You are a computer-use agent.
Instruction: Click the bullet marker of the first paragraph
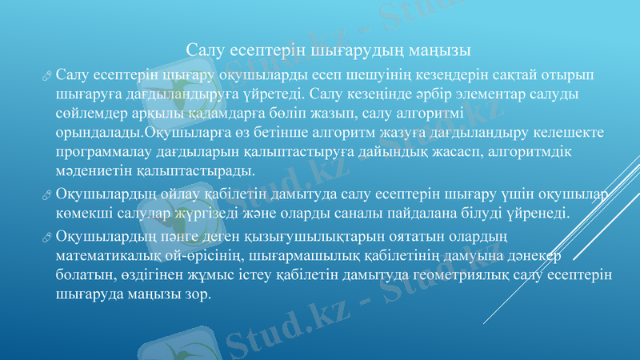pos(47,76)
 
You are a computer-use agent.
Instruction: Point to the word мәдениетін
pos(93,171)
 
